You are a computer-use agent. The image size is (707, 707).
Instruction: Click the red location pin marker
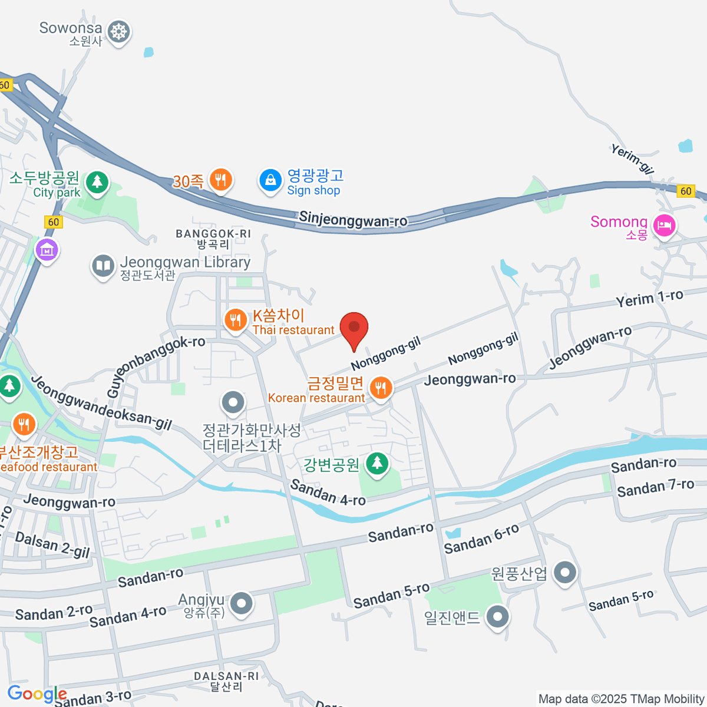(x=353, y=328)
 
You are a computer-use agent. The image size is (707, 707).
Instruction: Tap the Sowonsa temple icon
(x=119, y=31)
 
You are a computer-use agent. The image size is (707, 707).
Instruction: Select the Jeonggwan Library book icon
(x=103, y=266)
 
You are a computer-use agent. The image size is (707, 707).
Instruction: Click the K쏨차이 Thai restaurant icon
(x=235, y=320)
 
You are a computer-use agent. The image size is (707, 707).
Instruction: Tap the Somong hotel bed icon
(x=665, y=224)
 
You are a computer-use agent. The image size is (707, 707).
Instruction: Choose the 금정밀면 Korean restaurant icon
(x=381, y=388)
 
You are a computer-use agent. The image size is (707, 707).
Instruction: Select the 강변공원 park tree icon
(x=377, y=463)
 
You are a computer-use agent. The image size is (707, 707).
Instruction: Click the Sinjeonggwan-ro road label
(x=353, y=219)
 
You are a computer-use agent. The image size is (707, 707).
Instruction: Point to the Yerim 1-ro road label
(x=649, y=298)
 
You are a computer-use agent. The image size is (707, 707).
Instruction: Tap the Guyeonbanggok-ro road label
(x=156, y=366)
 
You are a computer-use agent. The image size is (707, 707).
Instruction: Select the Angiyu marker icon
(x=241, y=603)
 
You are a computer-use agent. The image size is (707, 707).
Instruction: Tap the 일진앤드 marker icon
(x=498, y=616)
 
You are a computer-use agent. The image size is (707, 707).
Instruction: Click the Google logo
(x=37, y=694)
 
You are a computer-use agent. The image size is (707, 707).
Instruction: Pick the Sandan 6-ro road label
(x=481, y=538)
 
